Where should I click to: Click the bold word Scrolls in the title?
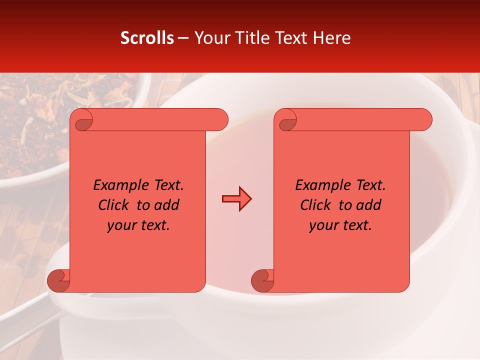point(147,38)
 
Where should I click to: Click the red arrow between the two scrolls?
point(236,199)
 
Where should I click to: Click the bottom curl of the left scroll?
point(57,280)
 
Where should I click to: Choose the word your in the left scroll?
point(120,225)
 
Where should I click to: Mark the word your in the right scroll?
point(322,225)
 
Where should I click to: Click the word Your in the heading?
point(210,38)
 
